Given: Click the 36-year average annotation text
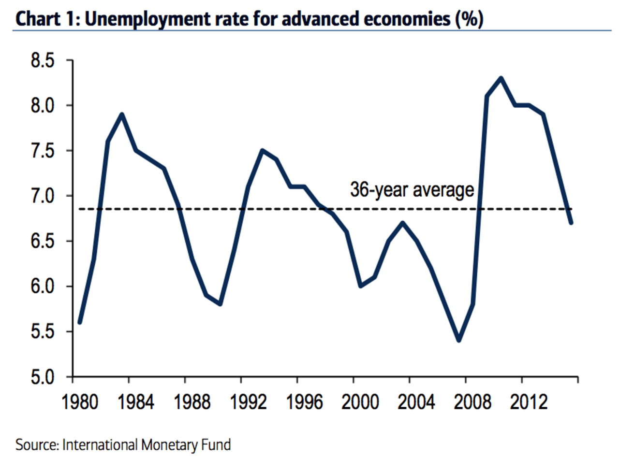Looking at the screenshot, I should [412, 190].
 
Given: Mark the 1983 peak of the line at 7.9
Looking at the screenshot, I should [122, 114].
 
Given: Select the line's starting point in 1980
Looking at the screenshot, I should [80, 323].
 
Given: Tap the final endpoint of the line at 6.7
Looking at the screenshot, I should [572, 223].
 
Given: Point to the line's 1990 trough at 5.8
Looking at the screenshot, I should [221, 304].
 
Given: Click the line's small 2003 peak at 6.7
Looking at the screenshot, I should [402, 223].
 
